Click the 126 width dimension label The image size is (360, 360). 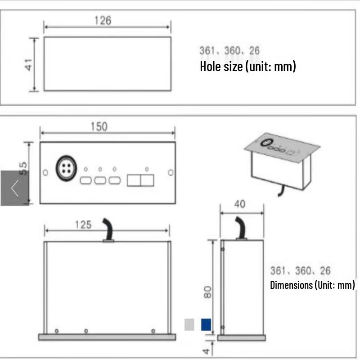(x=103, y=20)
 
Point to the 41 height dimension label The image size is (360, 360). (x=29, y=64)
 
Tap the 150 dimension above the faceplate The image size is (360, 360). (x=99, y=127)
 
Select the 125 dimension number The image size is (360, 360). (x=83, y=225)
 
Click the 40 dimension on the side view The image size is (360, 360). (x=240, y=204)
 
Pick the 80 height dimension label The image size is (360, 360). (x=207, y=292)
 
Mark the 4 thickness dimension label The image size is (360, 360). (x=206, y=351)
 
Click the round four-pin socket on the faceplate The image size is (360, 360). (x=66, y=168)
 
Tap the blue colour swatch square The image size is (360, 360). (x=206, y=324)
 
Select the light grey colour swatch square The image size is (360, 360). (x=189, y=324)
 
